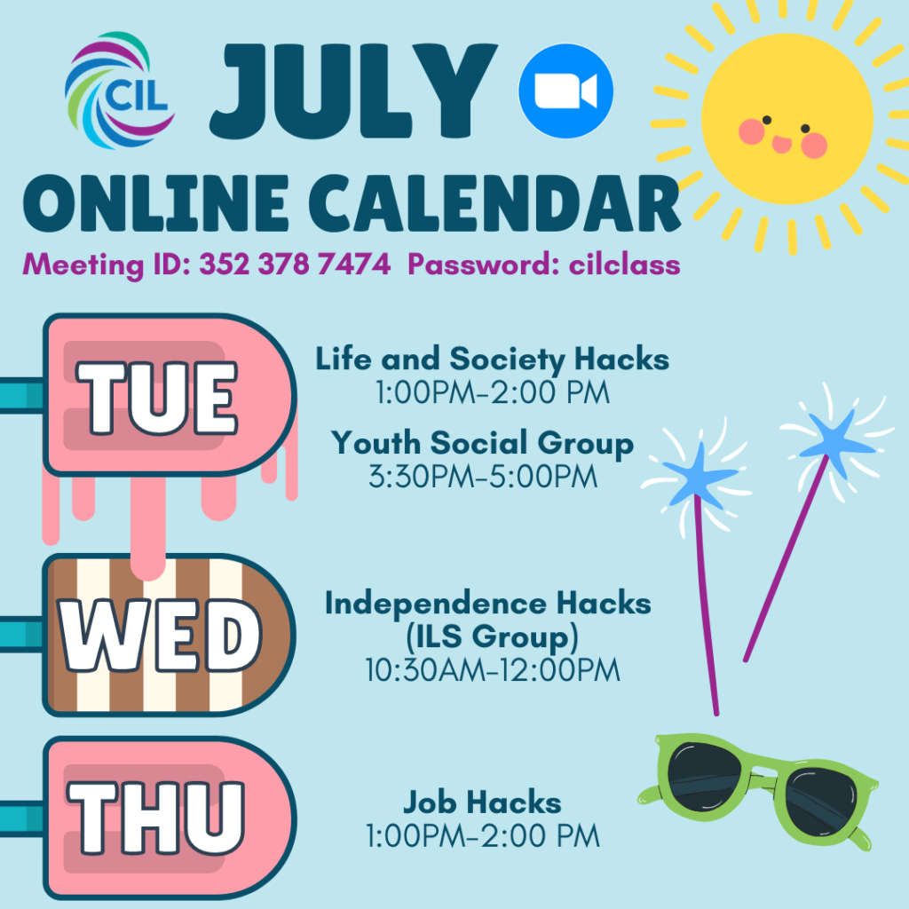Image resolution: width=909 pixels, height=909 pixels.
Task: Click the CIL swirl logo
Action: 120,91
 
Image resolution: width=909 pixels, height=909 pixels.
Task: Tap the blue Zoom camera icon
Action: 565,91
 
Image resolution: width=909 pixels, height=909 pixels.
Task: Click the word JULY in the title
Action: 353,91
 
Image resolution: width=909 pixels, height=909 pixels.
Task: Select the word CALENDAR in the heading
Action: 494,203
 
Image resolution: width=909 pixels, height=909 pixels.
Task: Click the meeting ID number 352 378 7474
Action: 295,265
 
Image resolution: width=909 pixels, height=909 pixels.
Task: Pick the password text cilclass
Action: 624,265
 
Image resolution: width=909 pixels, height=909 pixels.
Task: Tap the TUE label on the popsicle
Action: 157,398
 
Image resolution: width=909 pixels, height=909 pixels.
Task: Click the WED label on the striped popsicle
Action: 160,636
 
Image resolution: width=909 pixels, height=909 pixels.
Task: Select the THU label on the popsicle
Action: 156,818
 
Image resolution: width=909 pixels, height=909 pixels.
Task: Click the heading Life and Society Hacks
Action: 492,359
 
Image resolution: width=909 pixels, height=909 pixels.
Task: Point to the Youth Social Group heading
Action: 482,444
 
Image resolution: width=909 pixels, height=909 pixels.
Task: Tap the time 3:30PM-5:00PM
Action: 483,477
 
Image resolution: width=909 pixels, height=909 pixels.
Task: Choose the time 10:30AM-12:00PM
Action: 493,670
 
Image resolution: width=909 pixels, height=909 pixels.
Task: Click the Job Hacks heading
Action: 482,802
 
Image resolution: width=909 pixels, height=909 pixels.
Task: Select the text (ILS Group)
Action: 492,636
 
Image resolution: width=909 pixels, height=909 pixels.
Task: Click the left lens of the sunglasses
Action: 705,773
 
